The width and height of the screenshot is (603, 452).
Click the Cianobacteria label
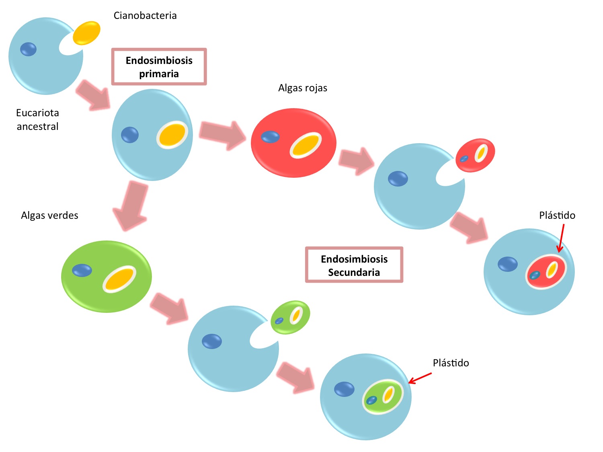coord(145,16)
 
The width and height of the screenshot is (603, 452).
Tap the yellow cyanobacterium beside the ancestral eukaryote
coord(86,33)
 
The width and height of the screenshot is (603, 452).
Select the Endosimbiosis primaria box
coord(159,67)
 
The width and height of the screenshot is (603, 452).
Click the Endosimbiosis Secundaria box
coord(354,265)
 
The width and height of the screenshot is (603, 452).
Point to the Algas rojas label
coord(302,88)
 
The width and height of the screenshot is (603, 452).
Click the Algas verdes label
coord(49,216)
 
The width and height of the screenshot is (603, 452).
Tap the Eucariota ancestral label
coord(37,119)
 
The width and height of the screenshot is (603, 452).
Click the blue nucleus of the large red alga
coord(270,137)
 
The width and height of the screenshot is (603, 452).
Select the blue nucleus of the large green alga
coord(82,270)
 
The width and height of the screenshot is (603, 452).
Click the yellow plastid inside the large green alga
coord(119,279)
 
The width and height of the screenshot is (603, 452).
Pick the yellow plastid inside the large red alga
coord(306,145)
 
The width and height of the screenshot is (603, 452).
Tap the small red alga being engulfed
coord(475,155)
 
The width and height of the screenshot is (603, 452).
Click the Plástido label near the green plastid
coord(451,363)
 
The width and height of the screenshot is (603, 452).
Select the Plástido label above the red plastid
coord(557,216)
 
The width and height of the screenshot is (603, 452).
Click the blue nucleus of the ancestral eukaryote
coord(28,49)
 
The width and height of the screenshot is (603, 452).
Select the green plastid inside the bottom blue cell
coord(382,397)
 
